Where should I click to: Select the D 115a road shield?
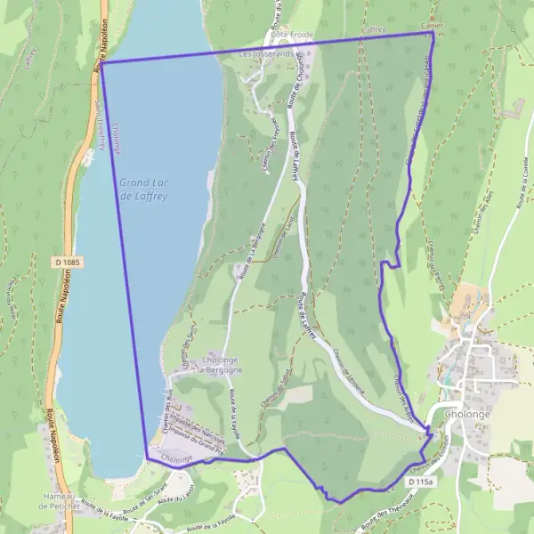(x=422, y=481)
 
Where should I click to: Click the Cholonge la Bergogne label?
(x=220, y=364)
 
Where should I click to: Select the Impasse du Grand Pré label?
(x=197, y=436)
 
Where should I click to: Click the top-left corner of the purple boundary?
(x=101, y=63)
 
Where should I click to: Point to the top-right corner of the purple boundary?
(x=433, y=33)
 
